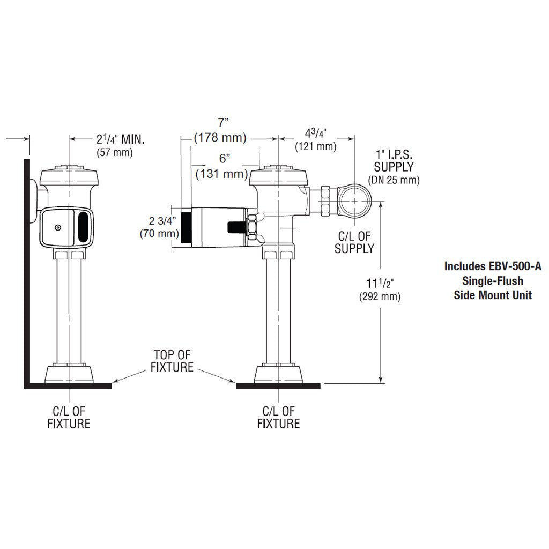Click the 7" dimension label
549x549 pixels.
(223, 123)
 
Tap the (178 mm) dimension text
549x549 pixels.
(220, 138)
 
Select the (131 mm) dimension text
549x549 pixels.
(222, 174)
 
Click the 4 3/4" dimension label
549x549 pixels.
(315, 133)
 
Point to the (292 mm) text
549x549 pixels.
(380, 296)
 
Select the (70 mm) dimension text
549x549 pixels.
(159, 233)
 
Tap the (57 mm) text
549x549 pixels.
(115, 152)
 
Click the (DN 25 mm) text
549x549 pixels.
(394, 180)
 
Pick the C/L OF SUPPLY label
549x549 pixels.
(354, 242)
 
